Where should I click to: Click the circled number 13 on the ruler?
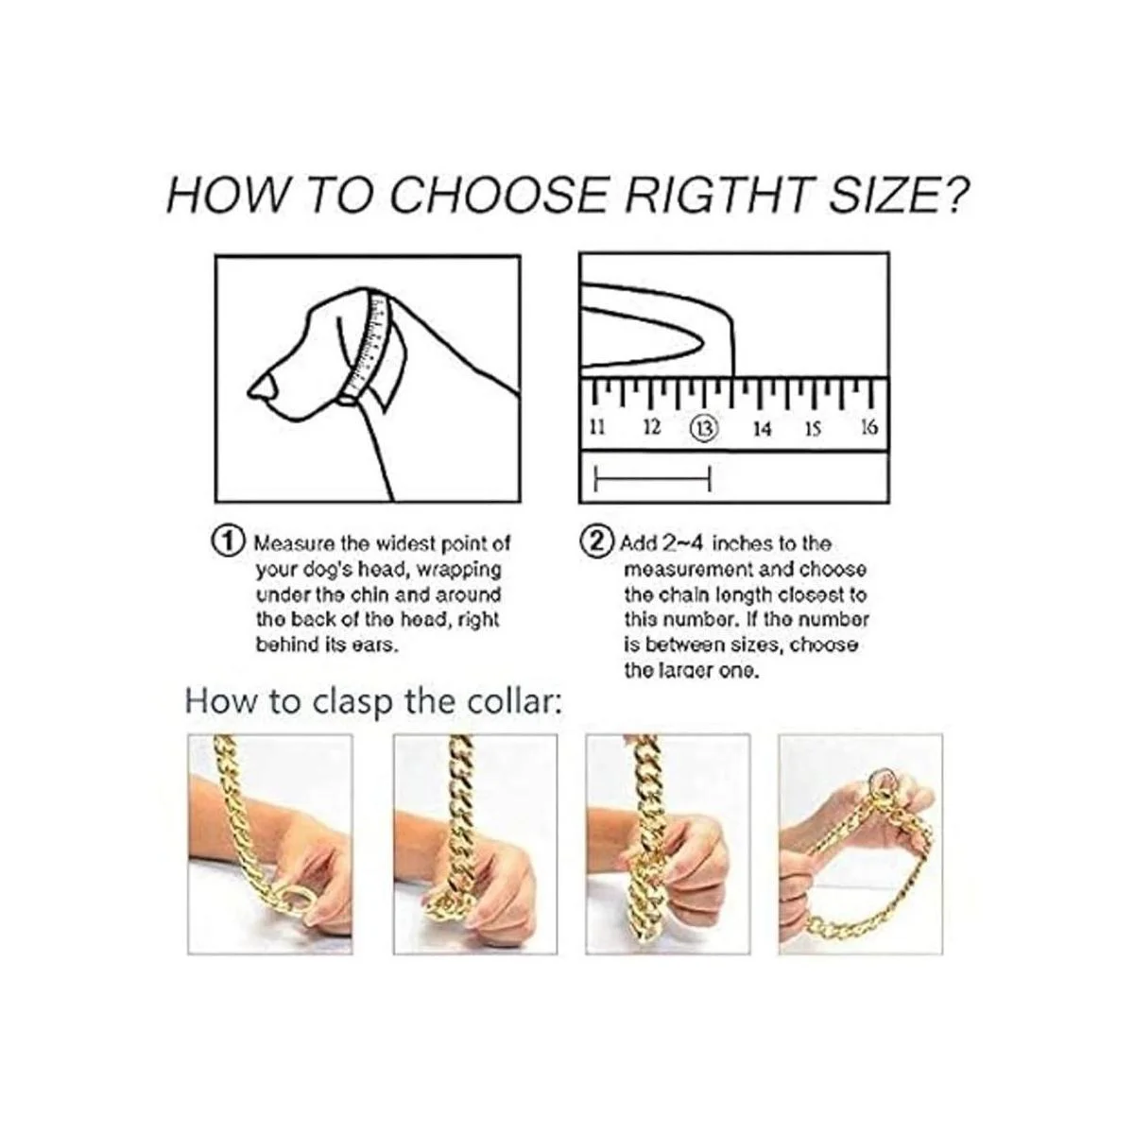[704, 426]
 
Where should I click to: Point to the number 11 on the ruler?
[597, 426]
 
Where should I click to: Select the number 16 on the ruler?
[869, 426]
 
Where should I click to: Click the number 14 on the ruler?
[762, 428]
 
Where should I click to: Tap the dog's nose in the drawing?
[263, 387]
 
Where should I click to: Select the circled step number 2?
[596, 541]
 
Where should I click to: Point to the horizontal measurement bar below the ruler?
[653, 478]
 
